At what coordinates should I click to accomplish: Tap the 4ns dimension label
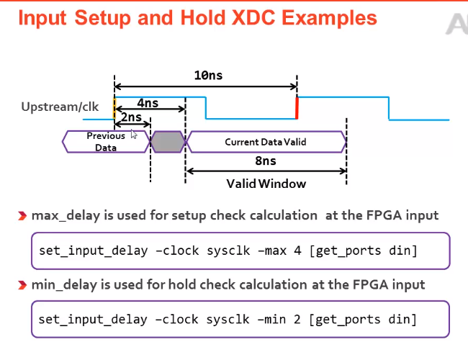(148, 104)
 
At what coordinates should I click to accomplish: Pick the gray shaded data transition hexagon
(168, 141)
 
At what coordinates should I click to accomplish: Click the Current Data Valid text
(266, 142)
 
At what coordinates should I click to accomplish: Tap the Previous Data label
(106, 141)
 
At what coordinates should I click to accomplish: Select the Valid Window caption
(266, 184)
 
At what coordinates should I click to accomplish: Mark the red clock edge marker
(296, 108)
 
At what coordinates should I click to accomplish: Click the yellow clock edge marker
(114, 109)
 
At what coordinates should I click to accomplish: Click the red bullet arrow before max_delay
(24, 215)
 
